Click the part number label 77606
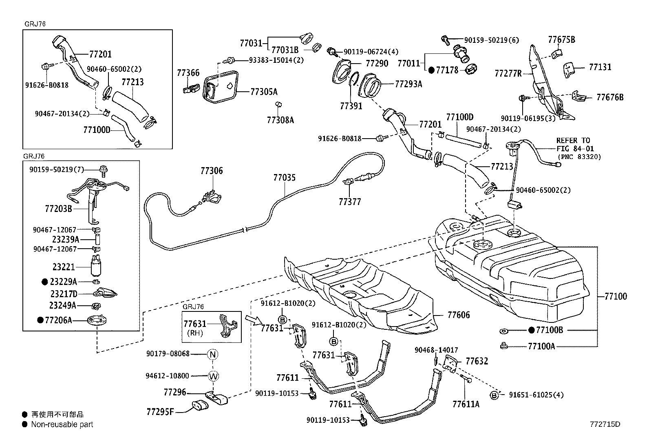pos(459,315)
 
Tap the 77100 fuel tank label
pos(616,296)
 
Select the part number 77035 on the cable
pos(285,177)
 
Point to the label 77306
pos(212,171)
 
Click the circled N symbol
pos(213,354)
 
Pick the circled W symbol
pos(213,376)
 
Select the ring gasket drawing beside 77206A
pos(97,320)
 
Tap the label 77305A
pos(264,92)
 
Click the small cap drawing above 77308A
pos(278,104)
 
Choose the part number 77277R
pos(508,74)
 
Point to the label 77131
pos(600,67)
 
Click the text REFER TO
pos(573,141)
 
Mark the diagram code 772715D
pos(605,424)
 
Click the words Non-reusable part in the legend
pos(62,424)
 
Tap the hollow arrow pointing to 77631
pos(253,320)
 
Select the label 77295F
pos(160,411)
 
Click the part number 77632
pos(477,361)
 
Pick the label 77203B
pos(59,209)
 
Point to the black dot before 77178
pos(431,70)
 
